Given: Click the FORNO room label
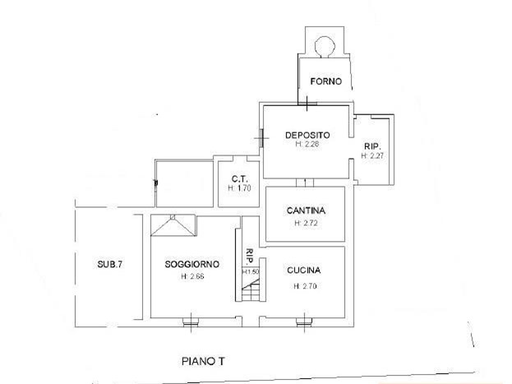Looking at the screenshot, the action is coord(326,81).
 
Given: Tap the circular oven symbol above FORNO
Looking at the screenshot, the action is coord(325,46).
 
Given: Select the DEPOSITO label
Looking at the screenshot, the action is coord(307,135).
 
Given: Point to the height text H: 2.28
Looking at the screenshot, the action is coord(307,144).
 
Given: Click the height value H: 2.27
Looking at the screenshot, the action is coord(372,156).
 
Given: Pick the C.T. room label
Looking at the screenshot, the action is coord(240,178).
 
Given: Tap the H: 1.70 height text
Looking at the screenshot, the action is coord(239,188).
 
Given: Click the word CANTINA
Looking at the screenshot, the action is coord(306,211).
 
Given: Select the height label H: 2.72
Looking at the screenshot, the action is coord(306,223).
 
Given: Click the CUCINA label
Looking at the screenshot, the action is coord(304,271).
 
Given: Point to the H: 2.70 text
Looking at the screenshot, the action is coord(305,286).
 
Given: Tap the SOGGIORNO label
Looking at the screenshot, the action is coord(192,264).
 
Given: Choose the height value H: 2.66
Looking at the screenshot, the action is coord(192,276).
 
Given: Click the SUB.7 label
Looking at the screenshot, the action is coord(110,264).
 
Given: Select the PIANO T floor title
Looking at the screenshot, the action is coord(203,362).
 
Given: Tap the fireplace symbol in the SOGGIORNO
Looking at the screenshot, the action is coord(173,225).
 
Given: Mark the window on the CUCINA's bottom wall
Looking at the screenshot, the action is coord(304,323).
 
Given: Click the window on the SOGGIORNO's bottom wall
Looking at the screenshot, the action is coord(191,323).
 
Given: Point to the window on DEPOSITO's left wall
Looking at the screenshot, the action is coord(261,138).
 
